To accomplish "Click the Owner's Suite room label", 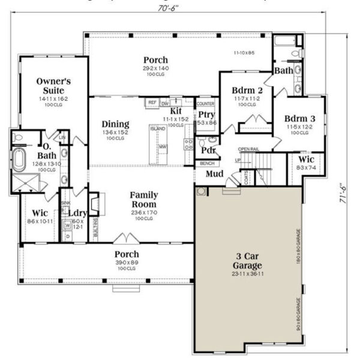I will coord(54,85).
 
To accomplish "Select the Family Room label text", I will coord(144,199).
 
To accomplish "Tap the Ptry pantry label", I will coord(206,114).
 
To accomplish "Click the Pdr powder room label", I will coord(208,149).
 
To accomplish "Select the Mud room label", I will coord(215,174).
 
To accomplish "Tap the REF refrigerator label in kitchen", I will coord(152,103).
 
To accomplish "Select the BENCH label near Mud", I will coord(207,163).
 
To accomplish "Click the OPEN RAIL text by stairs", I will coord(248,149).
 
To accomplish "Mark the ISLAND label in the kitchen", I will coord(157,128).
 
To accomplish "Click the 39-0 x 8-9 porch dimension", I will coord(127,263).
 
